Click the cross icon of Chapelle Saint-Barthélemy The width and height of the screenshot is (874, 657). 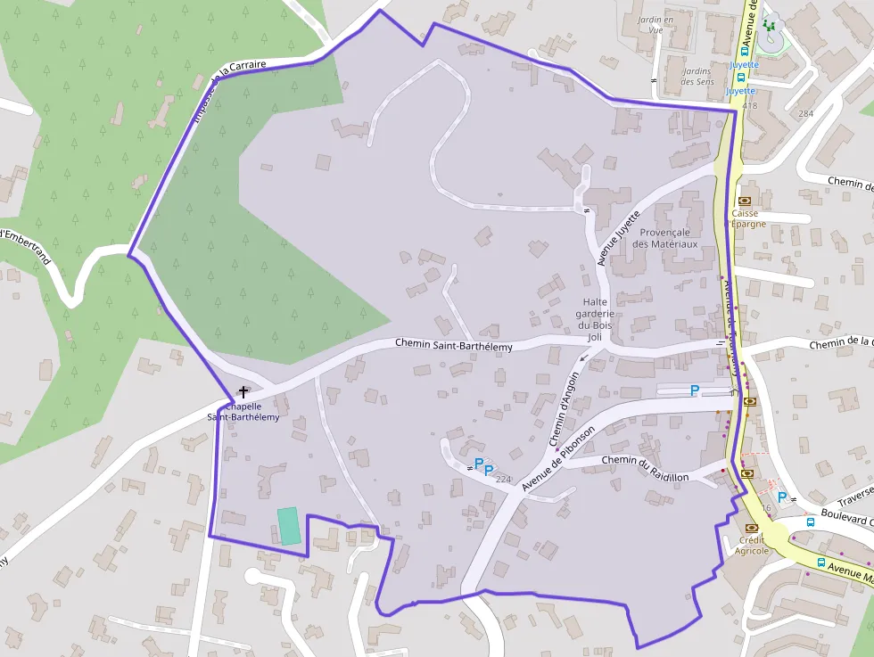(243, 391)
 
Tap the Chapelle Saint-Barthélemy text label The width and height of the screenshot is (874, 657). (243, 412)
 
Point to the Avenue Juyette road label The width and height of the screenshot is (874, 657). (619, 239)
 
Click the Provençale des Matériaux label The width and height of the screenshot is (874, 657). (664, 237)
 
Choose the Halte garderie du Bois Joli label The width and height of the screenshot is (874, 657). (597, 319)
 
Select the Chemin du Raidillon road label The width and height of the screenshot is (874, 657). (645, 468)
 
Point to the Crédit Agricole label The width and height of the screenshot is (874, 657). (753, 545)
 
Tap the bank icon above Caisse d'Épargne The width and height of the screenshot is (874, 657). (744, 201)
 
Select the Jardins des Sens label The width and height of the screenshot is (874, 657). (697, 77)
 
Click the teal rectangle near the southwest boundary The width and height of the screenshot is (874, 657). (287, 526)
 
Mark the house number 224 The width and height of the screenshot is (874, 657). (503, 480)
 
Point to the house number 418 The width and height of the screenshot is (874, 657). (749, 106)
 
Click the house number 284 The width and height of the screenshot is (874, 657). (806, 114)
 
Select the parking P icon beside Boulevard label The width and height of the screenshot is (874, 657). (782, 497)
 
